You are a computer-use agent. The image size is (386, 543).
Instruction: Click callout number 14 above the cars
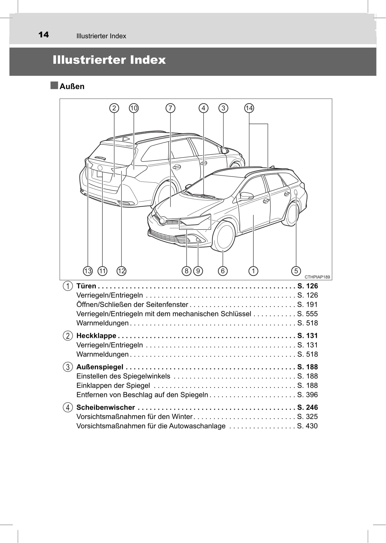pyautogui.click(x=249, y=108)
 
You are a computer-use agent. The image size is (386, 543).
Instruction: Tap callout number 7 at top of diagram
pyautogui.click(x=170, y=108)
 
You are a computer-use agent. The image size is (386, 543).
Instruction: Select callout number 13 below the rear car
pyautogui.click(x=88, y=271)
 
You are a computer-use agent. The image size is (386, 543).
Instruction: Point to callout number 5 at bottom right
pyautogui.click(x=296, y=271)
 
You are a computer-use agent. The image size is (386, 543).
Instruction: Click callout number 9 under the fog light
pyautogui.click(x=198, y=271)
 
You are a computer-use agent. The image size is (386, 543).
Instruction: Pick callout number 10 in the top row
pyautogui.click(x=134, y=108)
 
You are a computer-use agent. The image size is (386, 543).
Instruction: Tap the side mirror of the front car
pyautogui.click(x=247, y=196)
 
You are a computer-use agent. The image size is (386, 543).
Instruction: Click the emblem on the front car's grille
pyautogui.click(x=162, y=220)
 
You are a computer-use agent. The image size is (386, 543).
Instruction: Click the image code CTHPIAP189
pyautogui.click(x=317, y=277)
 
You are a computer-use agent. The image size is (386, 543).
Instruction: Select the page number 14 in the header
pyautogui.click(x=44, y=35)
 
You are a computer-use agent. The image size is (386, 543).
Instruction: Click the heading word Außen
pyautogui.click(x=72, y=86)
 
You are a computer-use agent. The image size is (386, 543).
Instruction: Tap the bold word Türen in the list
pyautogui.click(x=86, y=286)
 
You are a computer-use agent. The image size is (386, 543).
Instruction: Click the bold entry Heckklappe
pyautogui.click(x=96, y=336)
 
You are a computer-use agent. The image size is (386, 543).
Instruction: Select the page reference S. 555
pyautogui.click(x=307, y=314)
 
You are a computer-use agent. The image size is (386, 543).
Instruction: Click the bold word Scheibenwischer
pyautogui.click(x=105, y=407)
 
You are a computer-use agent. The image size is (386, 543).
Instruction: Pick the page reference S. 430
pyautogui.click(x=307, y=426)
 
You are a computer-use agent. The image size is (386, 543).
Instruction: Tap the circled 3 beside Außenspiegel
pyautogui.click(x=67, y=367)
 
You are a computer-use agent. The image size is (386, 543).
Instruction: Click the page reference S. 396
pyautogui.click(x=307, y=395)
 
